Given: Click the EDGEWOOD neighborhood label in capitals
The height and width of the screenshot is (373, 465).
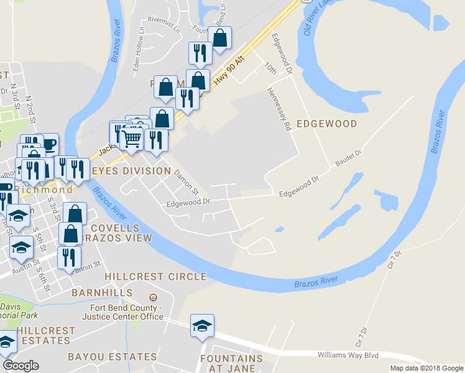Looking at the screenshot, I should (326, 124).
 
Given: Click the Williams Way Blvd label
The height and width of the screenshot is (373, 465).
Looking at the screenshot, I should (348, 355).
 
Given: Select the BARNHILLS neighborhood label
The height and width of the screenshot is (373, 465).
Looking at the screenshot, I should (102, 292).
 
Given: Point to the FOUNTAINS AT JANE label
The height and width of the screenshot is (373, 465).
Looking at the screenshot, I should (231, 364).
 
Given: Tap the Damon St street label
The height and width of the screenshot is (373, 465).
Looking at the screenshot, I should (186, 182).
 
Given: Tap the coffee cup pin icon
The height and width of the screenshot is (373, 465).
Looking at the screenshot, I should (48, 144).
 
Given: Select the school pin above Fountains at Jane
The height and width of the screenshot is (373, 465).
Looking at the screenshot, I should (202, 326).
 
